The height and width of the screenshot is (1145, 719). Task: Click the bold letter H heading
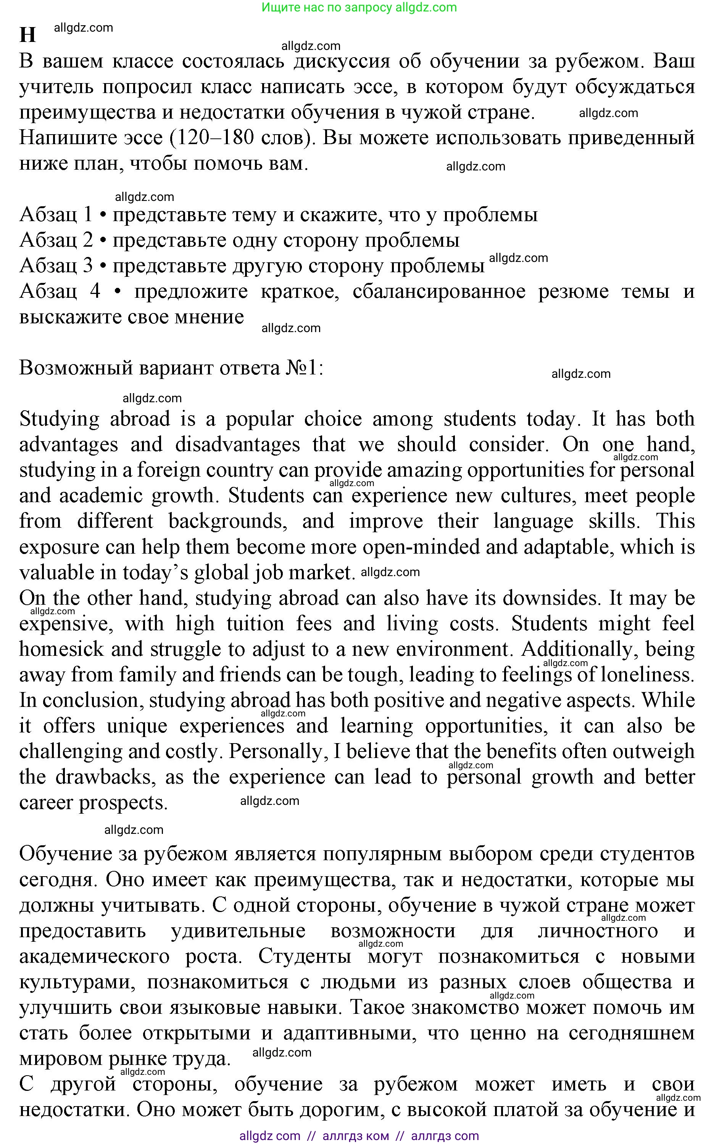[x=27, y=35]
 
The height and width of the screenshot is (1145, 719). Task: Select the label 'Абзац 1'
[x=56, y=214]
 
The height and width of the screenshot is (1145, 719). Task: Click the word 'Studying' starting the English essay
[x=60, y=419]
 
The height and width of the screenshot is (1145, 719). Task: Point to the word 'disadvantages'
[x=237, y=445]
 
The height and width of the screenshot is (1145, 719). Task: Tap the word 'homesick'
[x=61, y=649]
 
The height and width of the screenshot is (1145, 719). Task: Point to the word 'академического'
[x=94, y=956]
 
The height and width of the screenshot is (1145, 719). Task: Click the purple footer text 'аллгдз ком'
[x=355, y=1136]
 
